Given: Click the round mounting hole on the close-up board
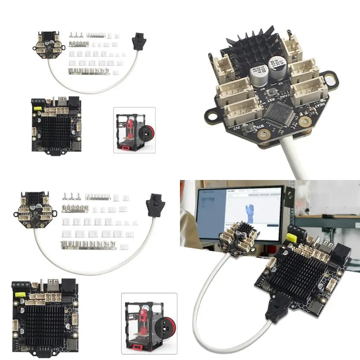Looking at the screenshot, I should (x=212, y=115).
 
